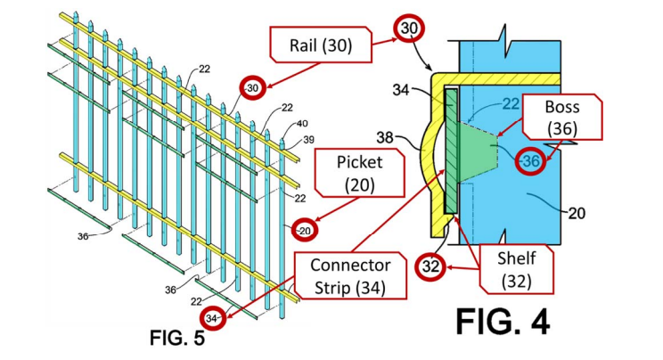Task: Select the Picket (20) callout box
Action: (x=348, y=175)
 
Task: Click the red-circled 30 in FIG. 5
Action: (x=252, y=87)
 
